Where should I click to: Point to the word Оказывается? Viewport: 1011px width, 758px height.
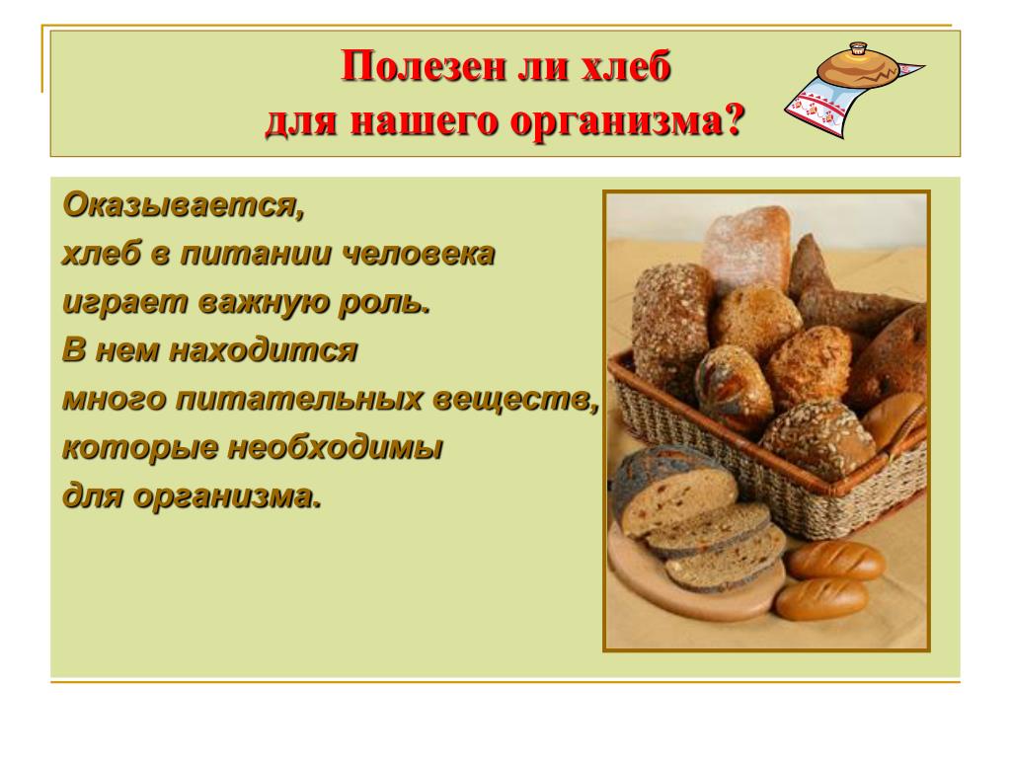pyautogui.click(x=183, y=206)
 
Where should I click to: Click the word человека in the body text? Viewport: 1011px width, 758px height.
pyautogui.click(x=418, y=254)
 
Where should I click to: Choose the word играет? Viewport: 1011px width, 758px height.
pyautogui.click(x=125, y=303)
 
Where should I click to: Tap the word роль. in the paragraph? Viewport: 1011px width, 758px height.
pyautogui.click(x=384, y=302)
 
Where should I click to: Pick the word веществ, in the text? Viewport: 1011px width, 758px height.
pyautogui.click(x=515, y=400)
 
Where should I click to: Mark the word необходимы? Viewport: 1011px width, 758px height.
pyautogui.click(x=336, y=447)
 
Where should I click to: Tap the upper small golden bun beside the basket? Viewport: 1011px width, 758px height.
pyautogui.click(x=835, y=560)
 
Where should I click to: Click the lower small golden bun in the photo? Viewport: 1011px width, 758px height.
pyautogui.click(x=822, y=598)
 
